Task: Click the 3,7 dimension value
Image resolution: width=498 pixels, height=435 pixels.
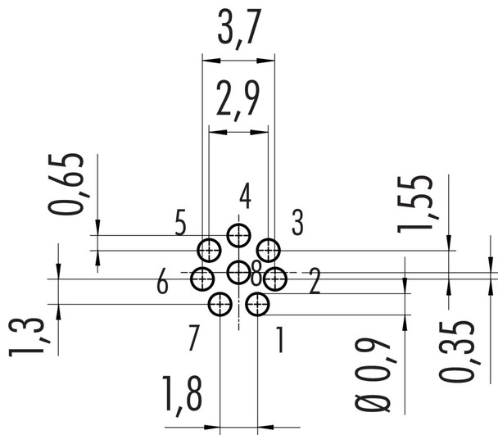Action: pos(238,29)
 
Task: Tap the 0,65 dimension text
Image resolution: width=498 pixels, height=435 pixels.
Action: pos(72,184)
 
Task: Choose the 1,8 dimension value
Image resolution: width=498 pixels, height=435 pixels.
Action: pos(182,395)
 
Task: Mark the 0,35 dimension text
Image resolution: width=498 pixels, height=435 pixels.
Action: pos(455,351)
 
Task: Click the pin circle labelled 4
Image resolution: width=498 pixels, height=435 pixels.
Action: pos(239,236)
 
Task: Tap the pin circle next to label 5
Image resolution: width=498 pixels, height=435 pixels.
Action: pos(209,250)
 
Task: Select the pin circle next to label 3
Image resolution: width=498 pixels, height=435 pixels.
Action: pos(269,250)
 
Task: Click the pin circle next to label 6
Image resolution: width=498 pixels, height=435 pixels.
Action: pos(202,279)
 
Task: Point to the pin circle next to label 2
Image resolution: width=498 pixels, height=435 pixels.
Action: pos(276,279)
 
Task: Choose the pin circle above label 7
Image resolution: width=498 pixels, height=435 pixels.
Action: pos(220,306)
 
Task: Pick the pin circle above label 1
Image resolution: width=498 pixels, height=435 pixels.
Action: pos(258,306)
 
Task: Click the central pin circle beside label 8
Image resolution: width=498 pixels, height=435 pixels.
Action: pos(238,272)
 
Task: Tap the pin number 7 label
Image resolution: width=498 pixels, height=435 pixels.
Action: pos(194,338)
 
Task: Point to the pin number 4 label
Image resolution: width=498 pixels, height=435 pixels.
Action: pos(245,197)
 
